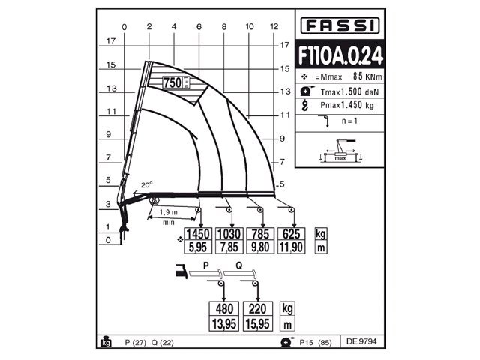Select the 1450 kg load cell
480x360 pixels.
(199, 233)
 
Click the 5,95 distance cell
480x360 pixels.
(199, 246)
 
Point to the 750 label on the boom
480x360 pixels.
(172, 83)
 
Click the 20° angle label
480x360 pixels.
(146, 185)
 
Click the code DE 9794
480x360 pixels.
(361, 342)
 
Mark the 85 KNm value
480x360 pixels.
(363, 76)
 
